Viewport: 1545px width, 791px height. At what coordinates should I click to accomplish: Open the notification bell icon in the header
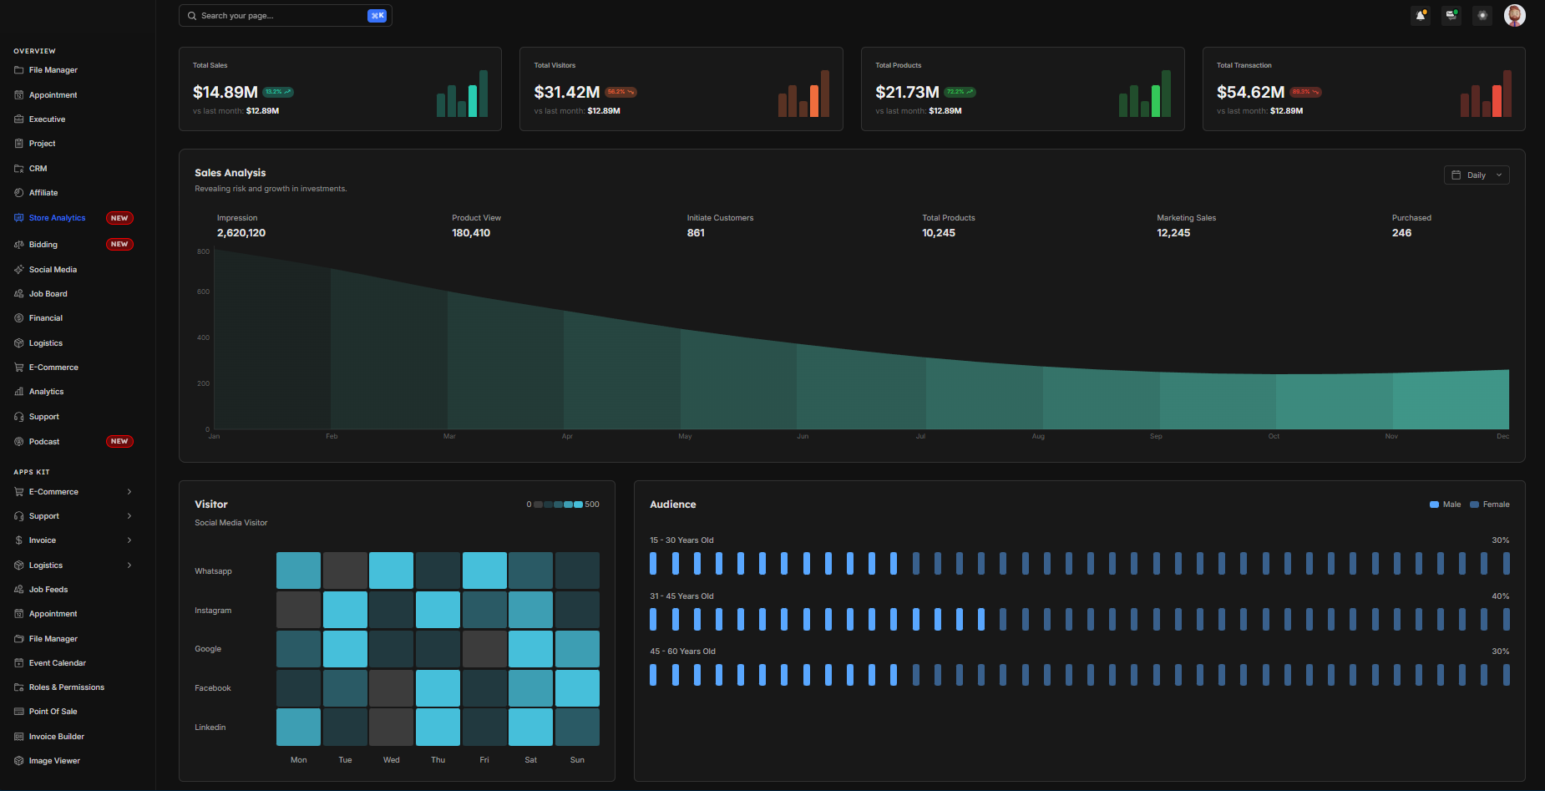click(x=1421, y=15)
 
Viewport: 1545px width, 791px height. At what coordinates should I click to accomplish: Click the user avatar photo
click(x=1514, y=15)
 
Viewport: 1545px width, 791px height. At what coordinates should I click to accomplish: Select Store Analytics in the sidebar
click(x=57, y=218)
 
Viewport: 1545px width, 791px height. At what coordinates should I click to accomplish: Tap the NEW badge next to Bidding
click(x=119, y=245)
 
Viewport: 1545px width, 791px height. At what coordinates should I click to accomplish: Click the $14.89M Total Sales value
click(x=225, y=92)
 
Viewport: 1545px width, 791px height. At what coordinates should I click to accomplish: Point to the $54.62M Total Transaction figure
click(x=1250, y=92)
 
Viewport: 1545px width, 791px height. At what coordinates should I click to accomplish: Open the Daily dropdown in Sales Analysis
click(x=1476, y=175)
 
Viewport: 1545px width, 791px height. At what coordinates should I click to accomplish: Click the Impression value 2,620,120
click(x=241, y=233)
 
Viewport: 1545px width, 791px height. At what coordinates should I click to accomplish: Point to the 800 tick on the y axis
click(x=203, y=251)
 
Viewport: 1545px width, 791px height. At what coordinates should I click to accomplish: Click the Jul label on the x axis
click(x=920, y=436)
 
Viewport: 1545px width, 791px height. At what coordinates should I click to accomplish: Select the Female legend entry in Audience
click(x=1491, y=505)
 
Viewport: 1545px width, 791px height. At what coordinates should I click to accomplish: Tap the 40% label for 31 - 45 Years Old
click(x=1500, y=596)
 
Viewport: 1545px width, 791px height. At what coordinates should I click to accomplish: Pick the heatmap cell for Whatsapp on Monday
click(x=298, y=570)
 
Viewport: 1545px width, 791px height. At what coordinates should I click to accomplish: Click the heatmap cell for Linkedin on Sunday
click(x=577, y=727)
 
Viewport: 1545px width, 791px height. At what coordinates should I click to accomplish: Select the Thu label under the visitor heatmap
click(x=438, y=760)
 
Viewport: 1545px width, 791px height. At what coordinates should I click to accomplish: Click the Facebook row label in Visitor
click(x=213, y=688)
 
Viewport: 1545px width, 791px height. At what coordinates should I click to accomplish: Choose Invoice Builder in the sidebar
click(x=57, y=737)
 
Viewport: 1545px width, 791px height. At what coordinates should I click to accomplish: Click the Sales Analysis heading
click(x=230, y=173)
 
